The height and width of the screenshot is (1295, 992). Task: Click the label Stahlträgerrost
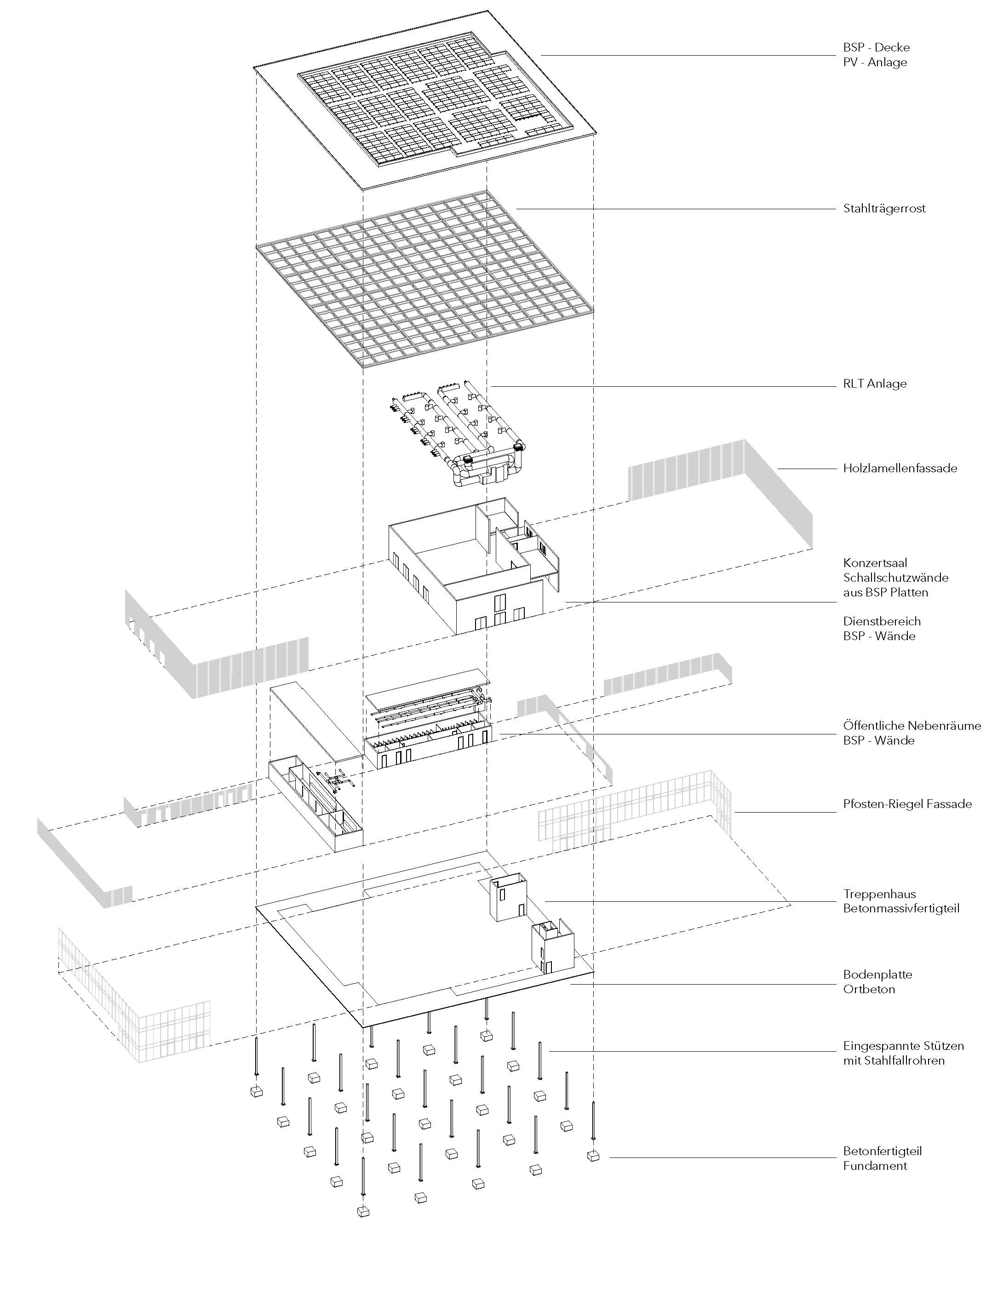(884, 208)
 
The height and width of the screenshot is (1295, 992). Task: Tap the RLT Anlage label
(874, 384)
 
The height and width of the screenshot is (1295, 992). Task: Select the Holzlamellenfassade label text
(900, 468)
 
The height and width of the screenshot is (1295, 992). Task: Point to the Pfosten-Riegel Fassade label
(907, 804)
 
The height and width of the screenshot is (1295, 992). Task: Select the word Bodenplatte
(877, 974)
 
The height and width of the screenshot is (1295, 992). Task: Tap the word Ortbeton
(869, 989)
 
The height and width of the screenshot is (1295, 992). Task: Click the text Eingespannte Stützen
(903, 1046)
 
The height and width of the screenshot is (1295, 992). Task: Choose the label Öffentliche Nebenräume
(912, 726)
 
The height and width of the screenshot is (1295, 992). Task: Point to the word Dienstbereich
(882, 621)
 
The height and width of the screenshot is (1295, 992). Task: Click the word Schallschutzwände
(895, 578)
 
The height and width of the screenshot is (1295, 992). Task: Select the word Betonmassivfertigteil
(901, 908)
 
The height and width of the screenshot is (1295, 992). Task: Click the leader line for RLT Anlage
(661, 387)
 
